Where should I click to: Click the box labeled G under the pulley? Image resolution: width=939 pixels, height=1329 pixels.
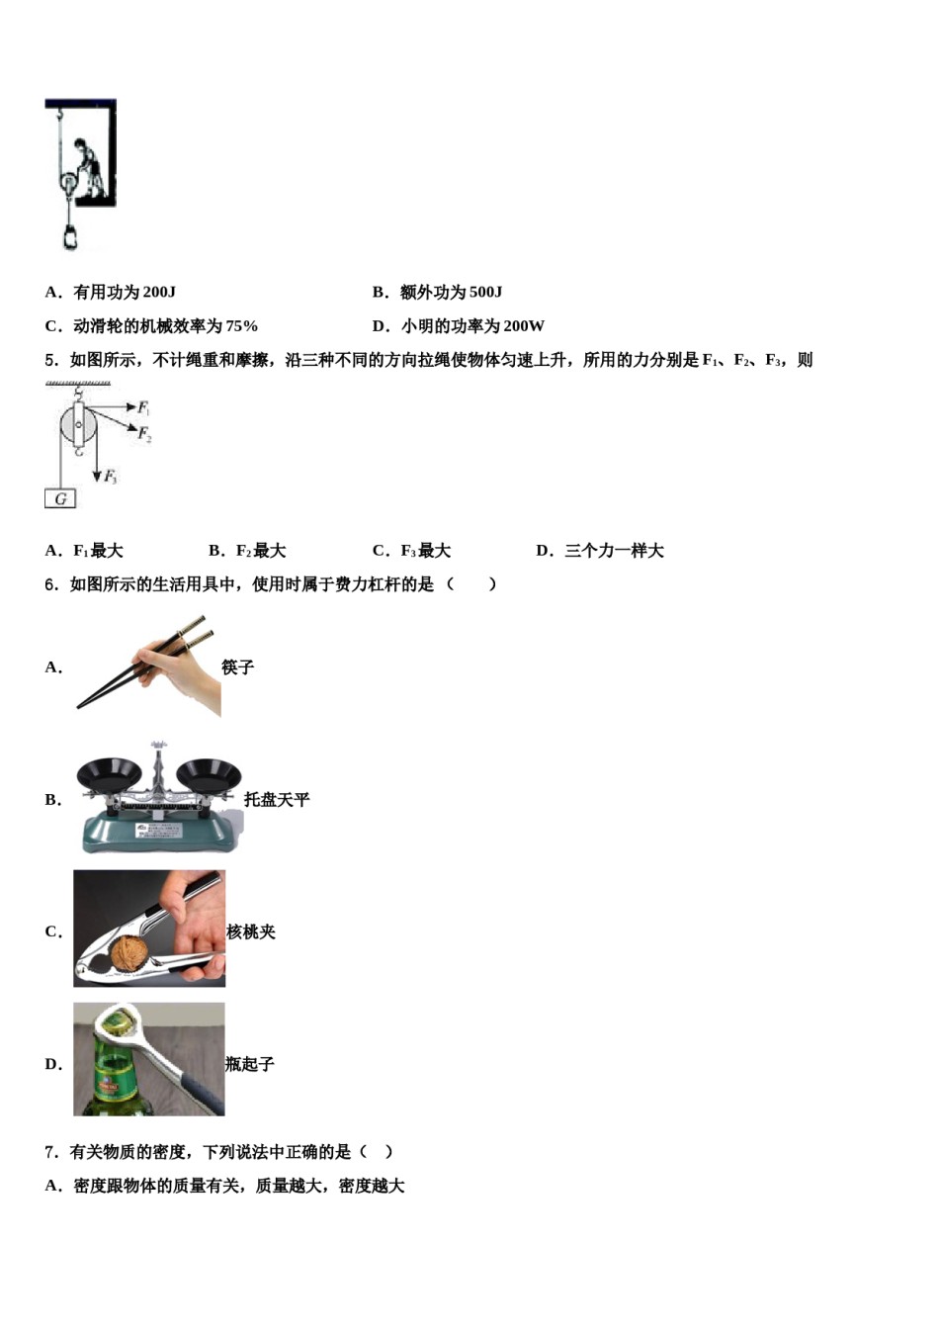60,499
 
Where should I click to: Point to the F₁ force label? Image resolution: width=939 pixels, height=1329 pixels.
143,407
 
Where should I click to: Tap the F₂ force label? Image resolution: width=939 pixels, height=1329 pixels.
144,433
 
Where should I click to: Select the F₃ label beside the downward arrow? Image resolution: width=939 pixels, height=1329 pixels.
111,477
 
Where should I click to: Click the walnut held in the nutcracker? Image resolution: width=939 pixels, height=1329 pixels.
130,954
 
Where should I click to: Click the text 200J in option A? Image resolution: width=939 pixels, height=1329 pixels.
159,292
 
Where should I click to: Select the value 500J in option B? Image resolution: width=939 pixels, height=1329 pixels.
485,292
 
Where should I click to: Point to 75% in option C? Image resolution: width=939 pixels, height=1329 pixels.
241,326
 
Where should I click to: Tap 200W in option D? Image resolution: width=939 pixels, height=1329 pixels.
523,326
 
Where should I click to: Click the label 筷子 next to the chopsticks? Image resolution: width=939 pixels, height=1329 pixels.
238,667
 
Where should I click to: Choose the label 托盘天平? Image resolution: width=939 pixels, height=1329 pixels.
277,800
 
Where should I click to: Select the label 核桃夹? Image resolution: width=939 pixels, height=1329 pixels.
251,931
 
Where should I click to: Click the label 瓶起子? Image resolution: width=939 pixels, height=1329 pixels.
250,1064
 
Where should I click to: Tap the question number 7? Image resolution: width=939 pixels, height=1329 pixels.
50,1152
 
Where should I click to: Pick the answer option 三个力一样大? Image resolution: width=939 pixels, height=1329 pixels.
614,551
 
